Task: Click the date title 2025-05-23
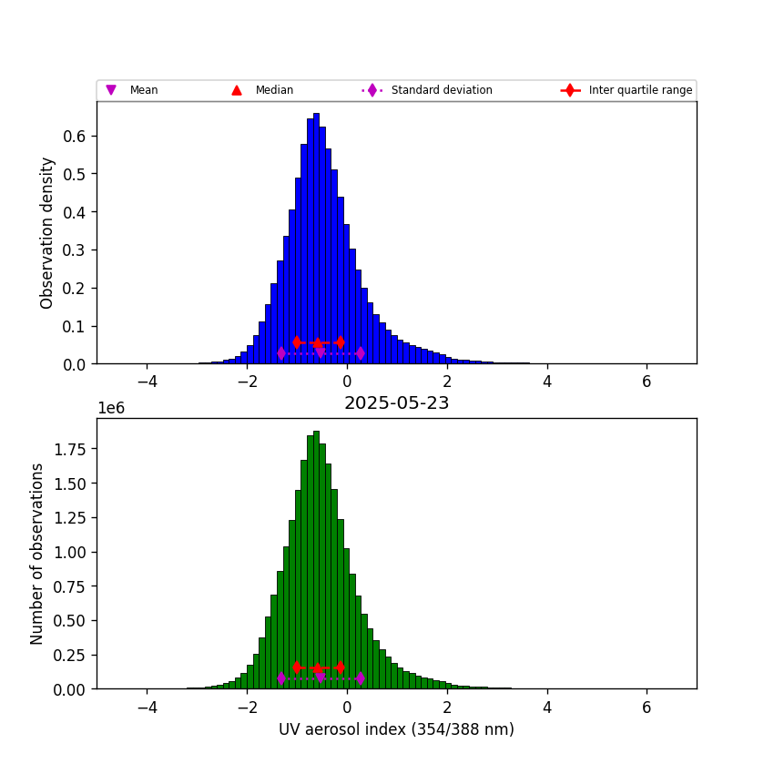point(396,403)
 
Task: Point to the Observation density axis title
point(47,232)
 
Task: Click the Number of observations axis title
point(37,554)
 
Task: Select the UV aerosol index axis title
point(396,728)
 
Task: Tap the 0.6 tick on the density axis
point(75,137)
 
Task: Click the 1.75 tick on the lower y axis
point(69,449)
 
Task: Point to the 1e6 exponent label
point(112,408)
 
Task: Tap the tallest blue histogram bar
point(316,237)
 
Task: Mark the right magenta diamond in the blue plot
point(360,353)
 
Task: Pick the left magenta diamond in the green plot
point(280,678)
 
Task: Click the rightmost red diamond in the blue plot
point(340,342)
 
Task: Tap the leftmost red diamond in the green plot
point(297,667)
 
